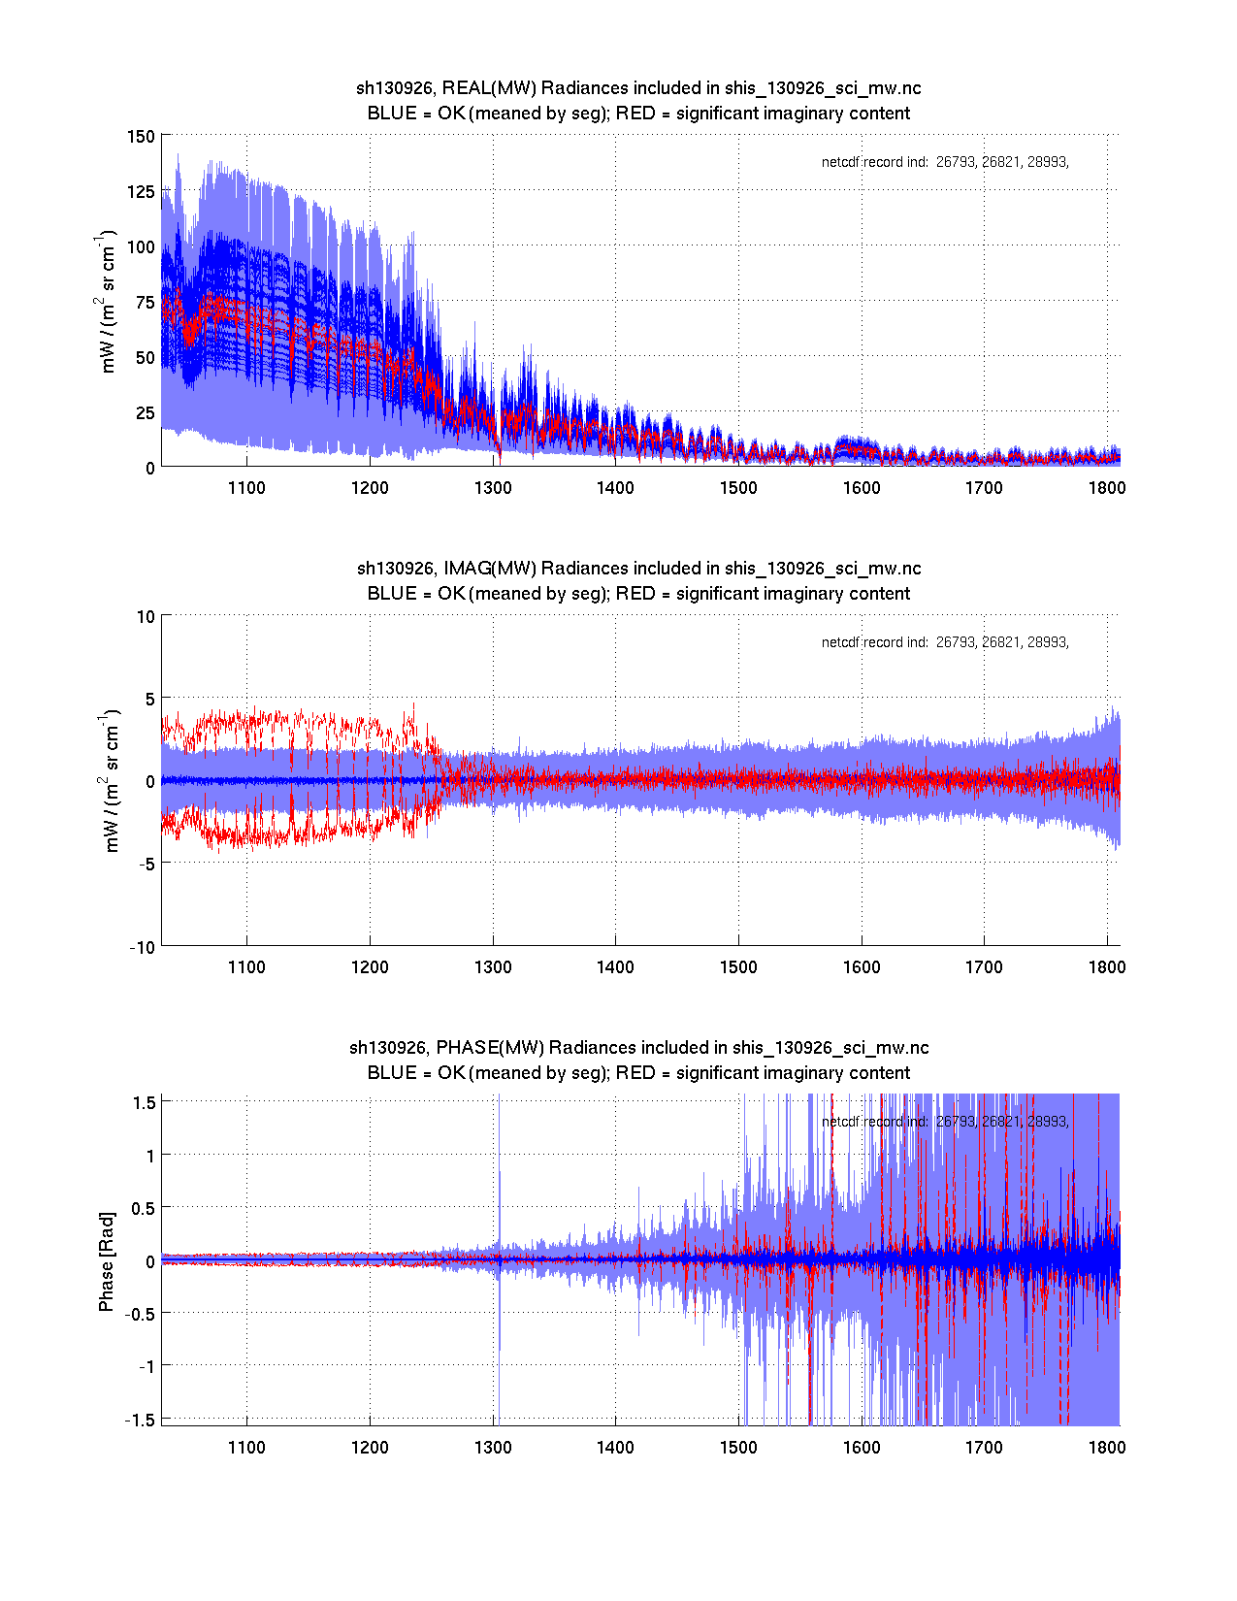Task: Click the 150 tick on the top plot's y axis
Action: pyautogui.click(x=141, y=137)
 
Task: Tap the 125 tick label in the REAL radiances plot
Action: pyautogui.click(x=141, y=192)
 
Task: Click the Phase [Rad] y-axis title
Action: pyautogui.click(x=107, y=1261)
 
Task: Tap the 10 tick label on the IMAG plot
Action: pyautogui.click(x=146, y=617)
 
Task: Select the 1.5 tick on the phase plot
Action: pyautogui.click(x=145, y=1102)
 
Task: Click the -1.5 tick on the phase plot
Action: pyautogui.click(x=142, y=1419)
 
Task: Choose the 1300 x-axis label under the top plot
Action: pyautogui.click(x=493, y=488)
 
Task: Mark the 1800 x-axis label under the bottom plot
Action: pyautogui.click(x=1107, y=1448)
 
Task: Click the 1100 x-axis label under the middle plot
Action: pyautogui.click(x=246, y=967)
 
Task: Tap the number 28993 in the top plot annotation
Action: pyautogui.click(x=1048, y=163)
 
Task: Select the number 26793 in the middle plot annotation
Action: pyautogui.click(x=956, y=642)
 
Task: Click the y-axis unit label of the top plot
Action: pyautogui.click(x=108, y=301)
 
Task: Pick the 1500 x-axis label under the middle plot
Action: pyautogui.click(x=738, y=967)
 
